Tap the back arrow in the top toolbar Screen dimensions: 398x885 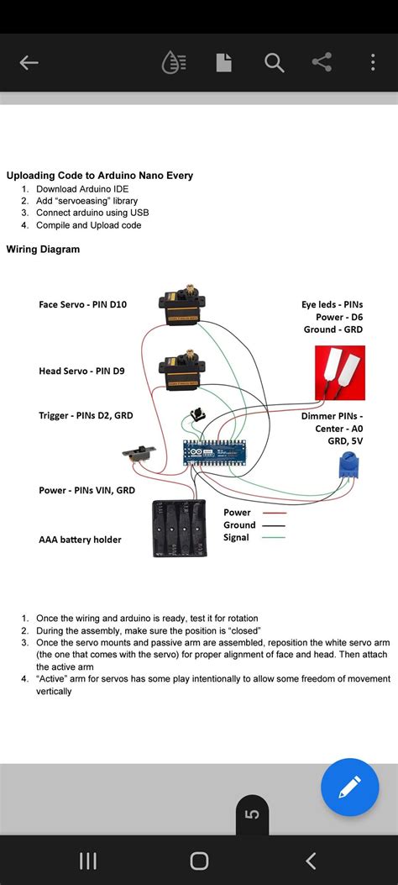29,63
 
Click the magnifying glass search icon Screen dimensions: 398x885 274,63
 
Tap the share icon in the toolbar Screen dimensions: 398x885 322,62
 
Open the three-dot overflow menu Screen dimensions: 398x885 373,63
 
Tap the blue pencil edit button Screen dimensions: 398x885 349,787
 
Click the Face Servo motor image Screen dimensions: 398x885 181,307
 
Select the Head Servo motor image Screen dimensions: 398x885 181,370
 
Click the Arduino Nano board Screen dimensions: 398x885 215,453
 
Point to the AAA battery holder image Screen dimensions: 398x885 180,529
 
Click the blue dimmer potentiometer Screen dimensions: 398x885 346,467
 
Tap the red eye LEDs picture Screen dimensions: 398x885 339,373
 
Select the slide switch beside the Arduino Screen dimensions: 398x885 139,453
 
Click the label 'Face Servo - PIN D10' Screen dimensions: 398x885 83,304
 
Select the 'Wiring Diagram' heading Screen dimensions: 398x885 43,249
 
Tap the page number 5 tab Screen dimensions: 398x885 253,814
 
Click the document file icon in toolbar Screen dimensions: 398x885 224,63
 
